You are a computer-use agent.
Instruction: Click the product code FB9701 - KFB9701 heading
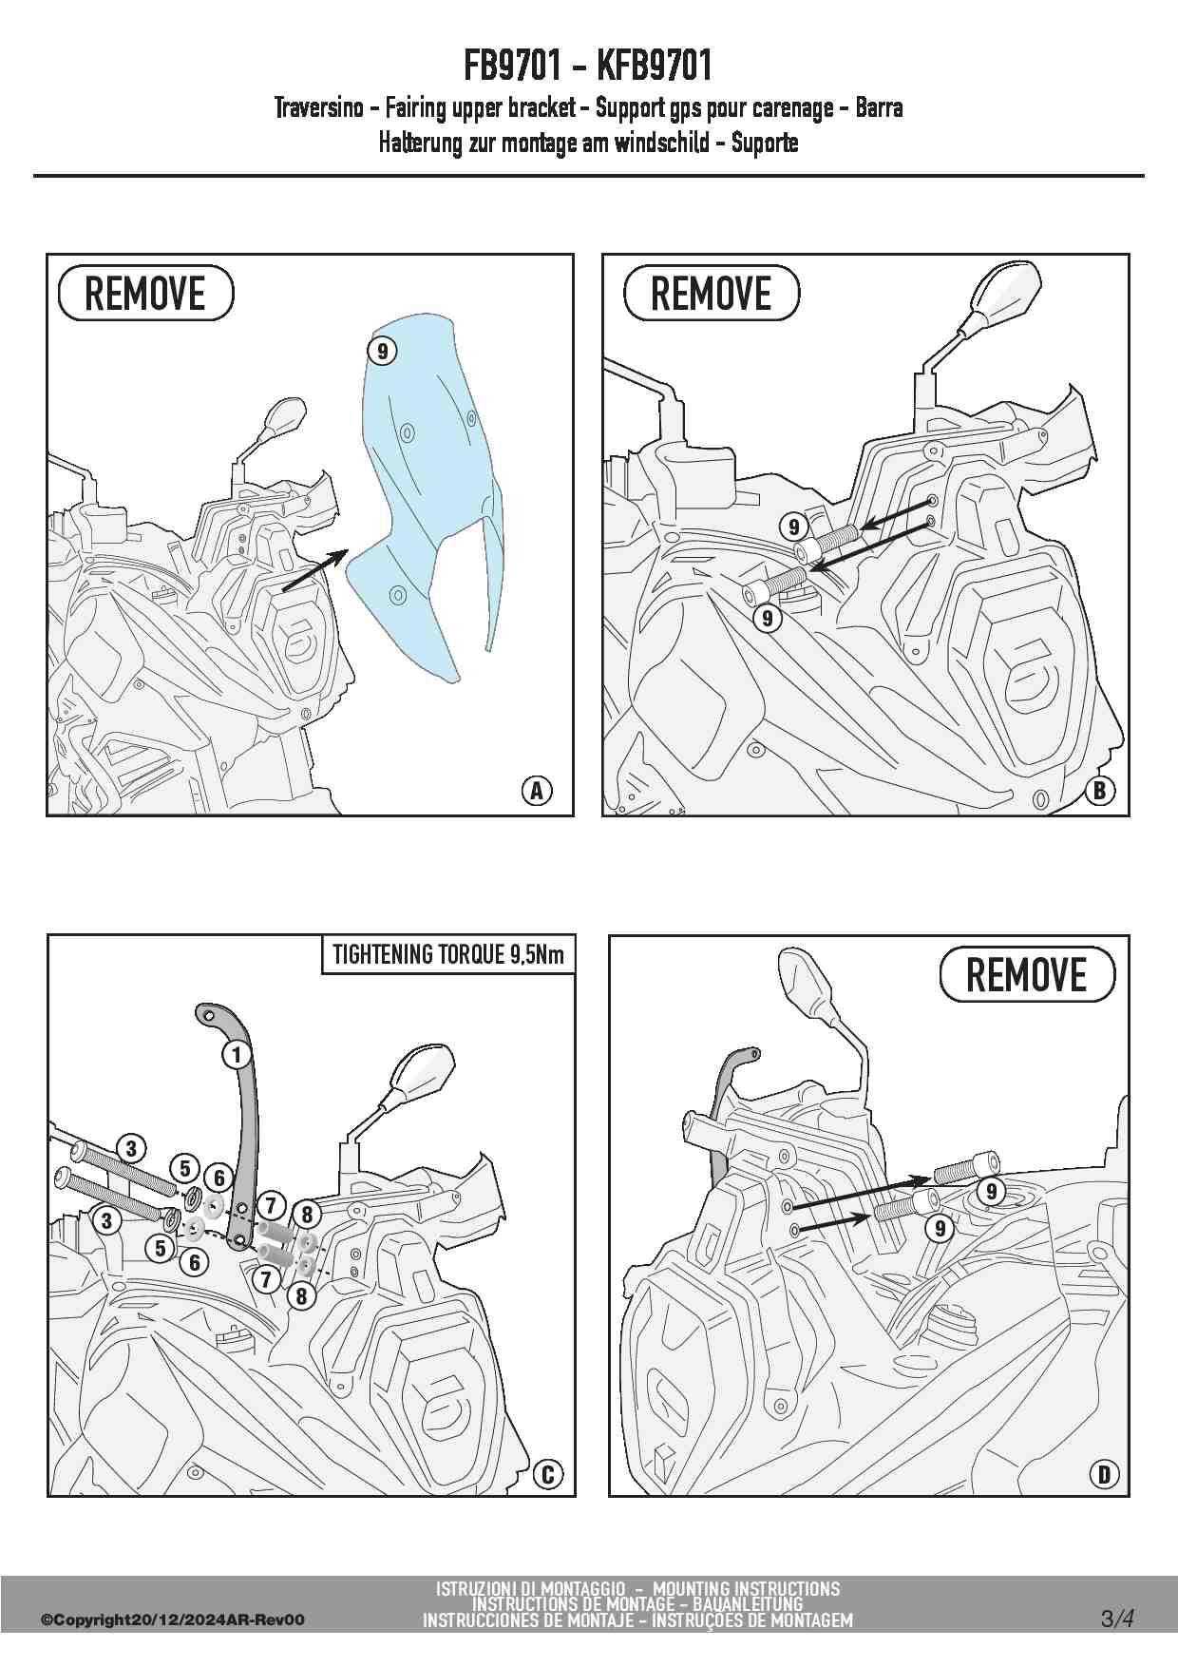click(x=588, y=67)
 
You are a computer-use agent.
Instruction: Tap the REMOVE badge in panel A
click(x=146, y=294)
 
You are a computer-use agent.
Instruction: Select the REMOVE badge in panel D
click(x=1027, y=974)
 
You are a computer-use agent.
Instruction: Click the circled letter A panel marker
click(x=537, y=790)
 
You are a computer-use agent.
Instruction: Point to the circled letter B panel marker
click(x=1100, y=791)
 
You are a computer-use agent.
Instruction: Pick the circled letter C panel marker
click(x=547, y=1474)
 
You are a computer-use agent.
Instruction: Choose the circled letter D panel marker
click(x=1103, y=1474)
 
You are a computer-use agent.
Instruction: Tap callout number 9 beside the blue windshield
click(x=381, y=351)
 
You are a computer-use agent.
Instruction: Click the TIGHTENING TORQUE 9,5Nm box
click(x=448, y=955)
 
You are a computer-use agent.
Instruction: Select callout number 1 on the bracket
click(x=237, y=1053)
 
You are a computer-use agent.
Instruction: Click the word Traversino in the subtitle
click(x=319, y=108)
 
